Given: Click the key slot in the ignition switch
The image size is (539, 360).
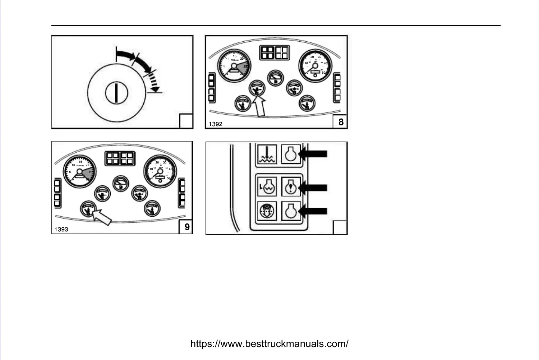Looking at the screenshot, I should (116, 93).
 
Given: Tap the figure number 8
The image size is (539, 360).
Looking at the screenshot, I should (341, 122).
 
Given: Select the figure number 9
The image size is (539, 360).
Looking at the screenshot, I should (186, 227).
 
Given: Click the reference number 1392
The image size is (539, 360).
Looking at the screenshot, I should (216, 124).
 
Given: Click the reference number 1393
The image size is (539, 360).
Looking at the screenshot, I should (61, 230).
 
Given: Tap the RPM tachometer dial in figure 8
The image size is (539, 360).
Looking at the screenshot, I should (234, 66).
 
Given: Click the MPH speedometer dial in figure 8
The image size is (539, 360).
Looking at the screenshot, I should (315, 66).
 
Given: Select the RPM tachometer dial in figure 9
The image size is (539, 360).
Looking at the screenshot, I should (80, 171).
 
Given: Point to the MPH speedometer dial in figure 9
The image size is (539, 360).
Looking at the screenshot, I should (160, 171).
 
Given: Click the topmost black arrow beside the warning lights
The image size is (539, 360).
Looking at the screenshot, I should (313, 154).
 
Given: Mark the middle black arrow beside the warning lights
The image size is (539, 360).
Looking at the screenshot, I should (313, 188).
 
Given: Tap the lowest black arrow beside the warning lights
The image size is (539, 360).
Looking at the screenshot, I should (313, 211).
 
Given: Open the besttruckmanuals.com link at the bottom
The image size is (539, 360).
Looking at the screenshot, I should (269, 344).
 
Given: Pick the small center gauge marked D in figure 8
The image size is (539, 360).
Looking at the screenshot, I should (276, 78).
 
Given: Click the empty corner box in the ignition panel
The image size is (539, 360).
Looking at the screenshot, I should (186, 121).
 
